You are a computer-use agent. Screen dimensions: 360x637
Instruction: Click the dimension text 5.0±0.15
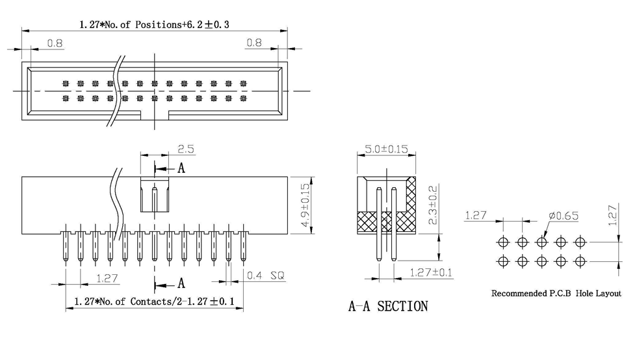coord(386,149)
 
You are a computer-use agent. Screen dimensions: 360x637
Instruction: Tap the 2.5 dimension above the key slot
coord(186,149)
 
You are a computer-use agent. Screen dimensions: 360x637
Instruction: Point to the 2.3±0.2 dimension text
coord(432,204)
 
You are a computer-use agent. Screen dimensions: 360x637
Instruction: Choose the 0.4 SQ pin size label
coord(266,276)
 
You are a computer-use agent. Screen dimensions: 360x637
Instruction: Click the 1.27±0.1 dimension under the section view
coord(431,272)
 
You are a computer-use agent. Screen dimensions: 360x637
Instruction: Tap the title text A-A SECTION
coord(388,306)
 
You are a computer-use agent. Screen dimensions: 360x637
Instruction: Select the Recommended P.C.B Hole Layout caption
coord(556,294)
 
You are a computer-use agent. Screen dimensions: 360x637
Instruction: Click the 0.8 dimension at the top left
coord(55,43)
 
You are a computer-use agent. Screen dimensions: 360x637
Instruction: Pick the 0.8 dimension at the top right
coord(253,43)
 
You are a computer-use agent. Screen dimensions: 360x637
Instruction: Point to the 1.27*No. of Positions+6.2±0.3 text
coord(155,25)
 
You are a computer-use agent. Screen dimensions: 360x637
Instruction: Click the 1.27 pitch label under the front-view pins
coord(107,277)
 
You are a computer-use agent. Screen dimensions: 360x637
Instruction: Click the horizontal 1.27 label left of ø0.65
coord(476,215)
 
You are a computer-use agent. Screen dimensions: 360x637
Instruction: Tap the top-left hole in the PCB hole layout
coord(503,242)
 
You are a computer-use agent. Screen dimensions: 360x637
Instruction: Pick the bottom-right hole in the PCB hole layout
coord(580,262)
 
